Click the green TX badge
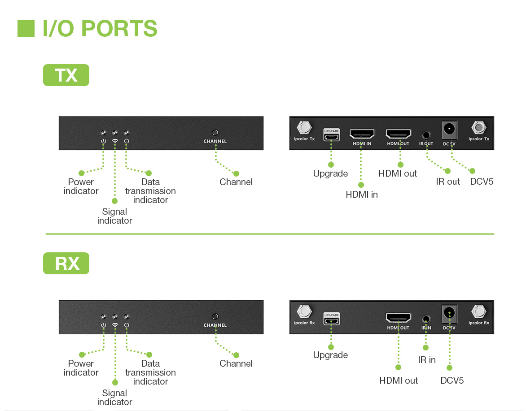[x=66, y=75]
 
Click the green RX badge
[x=66, y=264]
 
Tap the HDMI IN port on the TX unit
[x=362, y=134]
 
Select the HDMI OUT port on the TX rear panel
[x=398, y=134]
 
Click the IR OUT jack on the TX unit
[x=426, y=134]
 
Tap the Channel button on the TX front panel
[x=215, y=133]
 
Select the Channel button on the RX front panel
[x=215, y=316]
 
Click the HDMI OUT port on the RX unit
[x=398, y=318]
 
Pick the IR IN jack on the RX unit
[x=426, y=319]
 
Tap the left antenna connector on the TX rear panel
[x=304, y=128]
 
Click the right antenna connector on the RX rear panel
[x=479, y=311]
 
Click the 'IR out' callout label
[x=448, y=182]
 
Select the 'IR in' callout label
[x=427, y=360]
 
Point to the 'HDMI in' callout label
[x=362, y=195]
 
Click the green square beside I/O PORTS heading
[x=26, y=28]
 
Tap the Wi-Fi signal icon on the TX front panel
[x=115, y=141]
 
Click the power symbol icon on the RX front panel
[x=104, y=325]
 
